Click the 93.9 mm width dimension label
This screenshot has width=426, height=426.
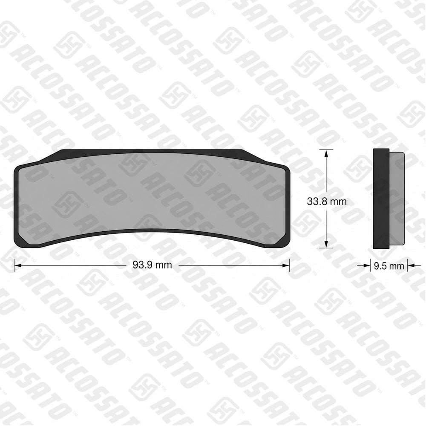pyautogui.click(x=152, y=265)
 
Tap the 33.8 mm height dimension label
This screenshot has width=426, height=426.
pyautogui.click(x=327, y=201)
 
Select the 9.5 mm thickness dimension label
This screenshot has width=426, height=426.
pyautogui.click(x=389, y=266)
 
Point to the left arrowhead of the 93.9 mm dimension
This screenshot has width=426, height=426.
pyautogui.click(x=17, y=265)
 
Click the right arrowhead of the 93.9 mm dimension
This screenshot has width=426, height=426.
pyautogui.click(x=286, y=265)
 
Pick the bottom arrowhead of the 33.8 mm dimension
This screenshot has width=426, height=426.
pyautogui.click(x=326, y=244)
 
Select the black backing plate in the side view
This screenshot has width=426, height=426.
pyautogui.click(x=381, y=199)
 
